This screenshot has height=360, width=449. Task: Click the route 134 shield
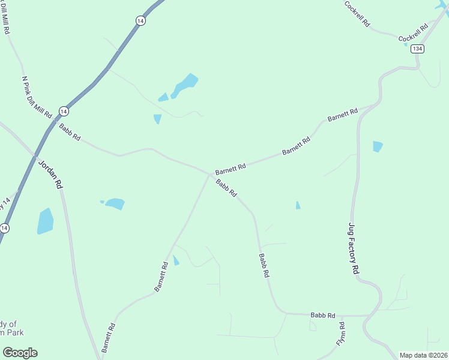point(418,49)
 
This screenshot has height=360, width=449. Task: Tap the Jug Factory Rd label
point(354,249)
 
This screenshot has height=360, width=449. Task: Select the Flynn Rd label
point(341,333)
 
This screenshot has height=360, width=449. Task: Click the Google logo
point(20,353)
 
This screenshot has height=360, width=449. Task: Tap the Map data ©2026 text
point(423,355)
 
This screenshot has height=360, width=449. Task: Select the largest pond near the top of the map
point(185,85)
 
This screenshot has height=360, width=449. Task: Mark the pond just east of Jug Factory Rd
point(378,146)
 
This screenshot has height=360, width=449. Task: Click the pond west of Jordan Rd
point(45,221)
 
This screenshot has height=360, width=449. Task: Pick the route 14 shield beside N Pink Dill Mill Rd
point(64,112)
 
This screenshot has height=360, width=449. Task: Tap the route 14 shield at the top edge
point(140,20)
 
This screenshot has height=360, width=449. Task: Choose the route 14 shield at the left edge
point(5,228)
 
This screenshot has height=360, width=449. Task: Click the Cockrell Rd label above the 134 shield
point(414,33)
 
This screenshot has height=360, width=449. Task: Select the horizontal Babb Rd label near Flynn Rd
point(322,315)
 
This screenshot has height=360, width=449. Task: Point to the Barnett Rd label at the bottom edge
point(109,338)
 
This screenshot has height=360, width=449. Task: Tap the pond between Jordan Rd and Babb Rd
point(114,204)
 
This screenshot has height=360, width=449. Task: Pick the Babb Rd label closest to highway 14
point(70,133)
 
